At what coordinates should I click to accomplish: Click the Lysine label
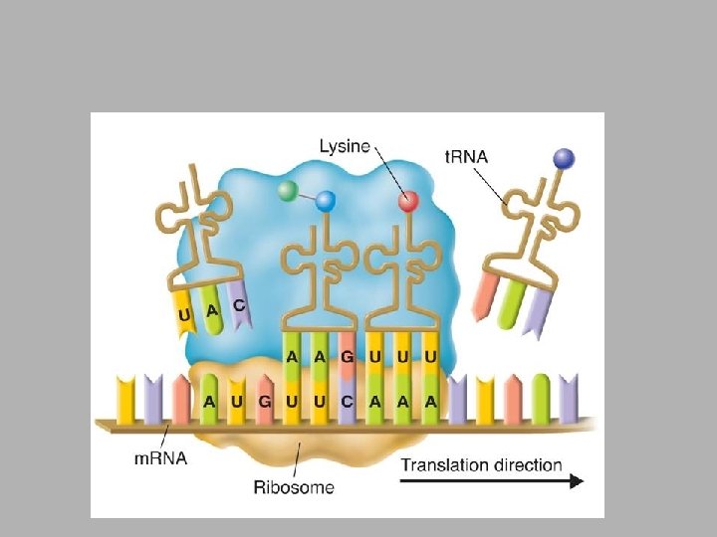click(x=344, y=147)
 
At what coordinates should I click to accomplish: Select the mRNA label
click(x=160, y=458)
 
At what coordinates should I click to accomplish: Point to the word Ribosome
click(x=294, y=487)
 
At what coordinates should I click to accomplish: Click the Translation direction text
click(x=481, y=464)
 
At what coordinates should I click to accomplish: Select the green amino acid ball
click(x=288, y=190)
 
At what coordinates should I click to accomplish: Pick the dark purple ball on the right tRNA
click(x=564, y=158)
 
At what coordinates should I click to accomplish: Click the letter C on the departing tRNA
click(x=239, y=305)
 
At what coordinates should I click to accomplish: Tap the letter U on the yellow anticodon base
click(x=184, y=317)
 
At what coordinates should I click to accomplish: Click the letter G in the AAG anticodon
click(x=345, y=356)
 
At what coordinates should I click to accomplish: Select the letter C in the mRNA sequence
click(x=345, y=402)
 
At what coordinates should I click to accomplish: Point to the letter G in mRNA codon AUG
click(x=263, y=402)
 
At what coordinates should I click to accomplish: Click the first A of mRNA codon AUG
click(x=209, y=402)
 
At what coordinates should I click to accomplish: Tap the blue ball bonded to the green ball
click(x=326, y=201)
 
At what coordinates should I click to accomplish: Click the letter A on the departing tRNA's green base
click(x=211, y=310)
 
